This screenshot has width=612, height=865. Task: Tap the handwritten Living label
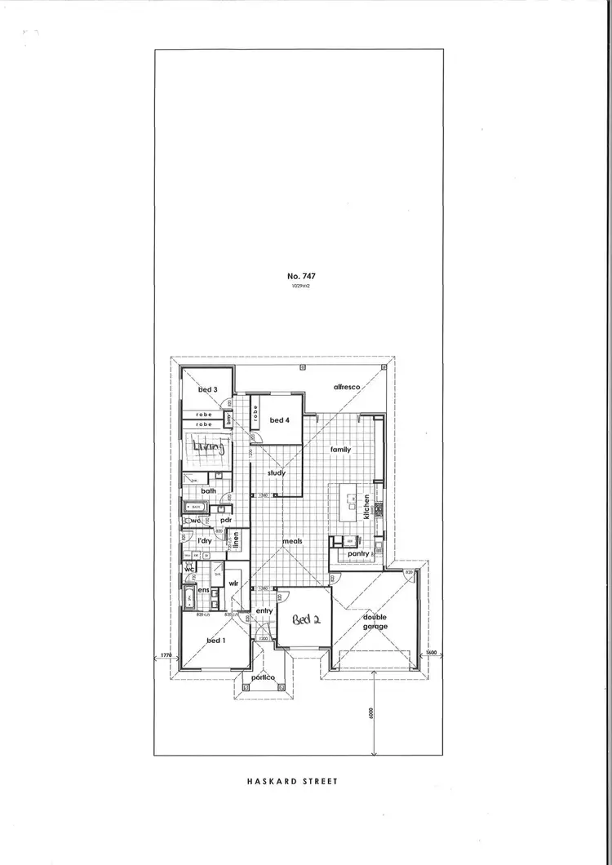coord(208,446)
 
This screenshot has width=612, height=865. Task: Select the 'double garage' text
coord(375,622)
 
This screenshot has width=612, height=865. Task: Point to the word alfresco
coord(347,386)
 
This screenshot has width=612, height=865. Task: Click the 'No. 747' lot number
coord(302,277)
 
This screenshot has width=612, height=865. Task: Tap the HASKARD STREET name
coord(291,781)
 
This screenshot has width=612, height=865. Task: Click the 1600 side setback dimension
coord(432,653)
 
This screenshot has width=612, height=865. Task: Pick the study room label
coord(276,472)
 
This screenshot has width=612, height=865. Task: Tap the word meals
coord(292,541)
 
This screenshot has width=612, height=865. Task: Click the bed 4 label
coord(279,419)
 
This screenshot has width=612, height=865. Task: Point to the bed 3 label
coord(207,390)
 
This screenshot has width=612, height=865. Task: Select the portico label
coord(262,678)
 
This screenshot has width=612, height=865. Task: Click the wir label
coord(233,583)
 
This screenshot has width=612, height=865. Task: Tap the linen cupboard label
coord(234,539)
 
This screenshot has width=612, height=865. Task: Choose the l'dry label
coord(204,540)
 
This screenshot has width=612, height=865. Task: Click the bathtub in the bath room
coord(196,507)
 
